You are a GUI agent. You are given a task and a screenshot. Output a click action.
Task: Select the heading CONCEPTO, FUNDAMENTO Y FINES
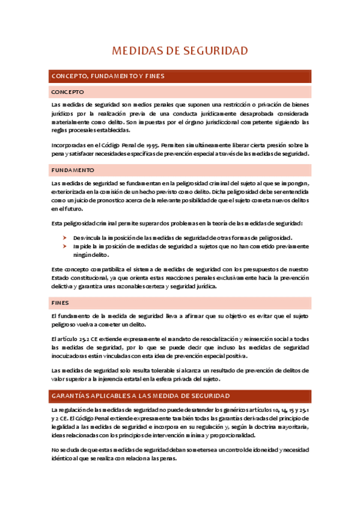pos(108,76)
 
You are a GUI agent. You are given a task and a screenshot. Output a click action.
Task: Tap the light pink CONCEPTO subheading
pos(68,92)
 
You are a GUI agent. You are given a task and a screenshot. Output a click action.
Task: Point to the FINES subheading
pos(61,303)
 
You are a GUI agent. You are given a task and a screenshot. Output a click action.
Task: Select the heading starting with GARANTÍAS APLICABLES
pos(141,396)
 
